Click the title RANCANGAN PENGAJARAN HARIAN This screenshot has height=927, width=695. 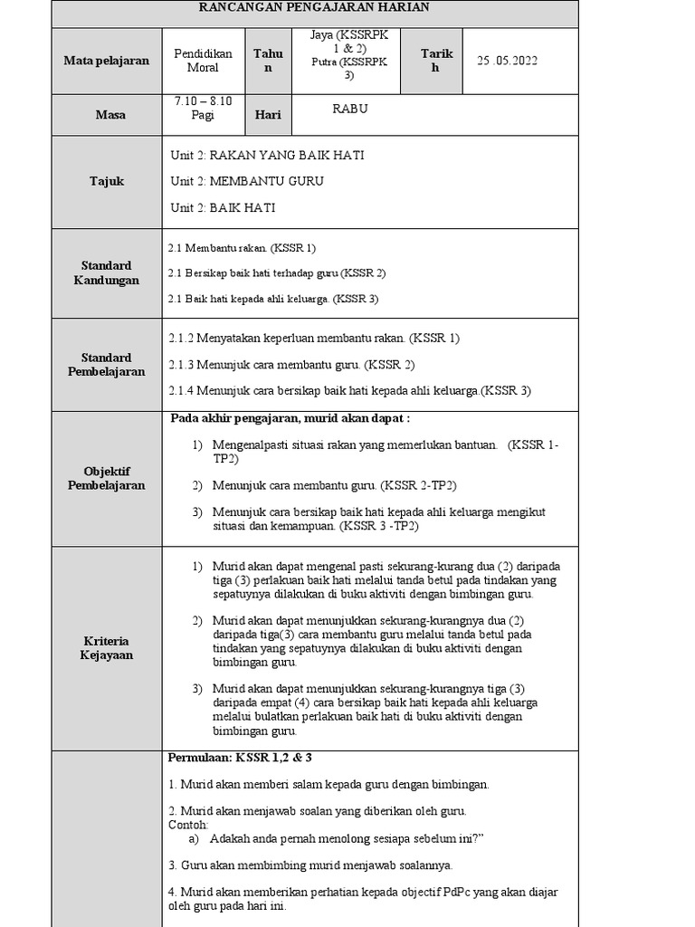(x=315, y=7)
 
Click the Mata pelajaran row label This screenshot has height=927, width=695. (x=107, y=61)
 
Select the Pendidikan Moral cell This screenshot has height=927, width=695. (x=203, y=61)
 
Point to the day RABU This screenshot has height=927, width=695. (x=350, y=109)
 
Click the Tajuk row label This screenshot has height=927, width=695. (x=107, y=181)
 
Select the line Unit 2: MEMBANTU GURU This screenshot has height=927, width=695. (x=247, y=181)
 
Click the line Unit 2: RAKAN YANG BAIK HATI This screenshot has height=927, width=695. (x=267, y=155)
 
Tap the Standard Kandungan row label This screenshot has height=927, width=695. (x=107, y=272)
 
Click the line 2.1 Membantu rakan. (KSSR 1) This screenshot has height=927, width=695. (x=243, y=247)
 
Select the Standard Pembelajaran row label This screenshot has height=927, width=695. (x=107, y=365)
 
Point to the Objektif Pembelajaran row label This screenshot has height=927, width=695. (x=107, y=478)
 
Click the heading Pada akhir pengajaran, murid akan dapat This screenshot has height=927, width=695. (x=290, y=418)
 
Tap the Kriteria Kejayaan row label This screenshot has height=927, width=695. (x=107, y=647)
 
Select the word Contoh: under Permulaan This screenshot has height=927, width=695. (x=188, y=825)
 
